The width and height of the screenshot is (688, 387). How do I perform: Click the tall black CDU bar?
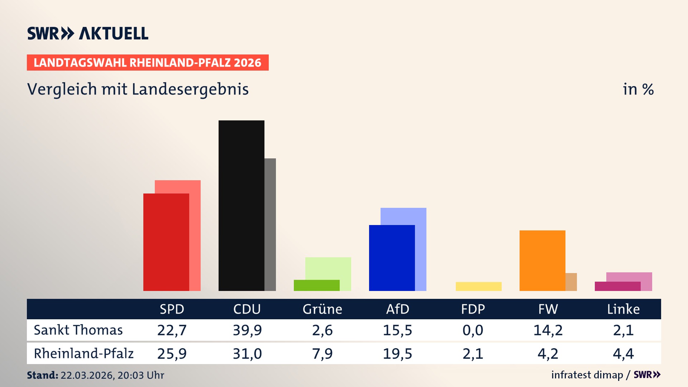[241, 205]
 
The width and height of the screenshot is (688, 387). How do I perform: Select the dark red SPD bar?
[166, 242]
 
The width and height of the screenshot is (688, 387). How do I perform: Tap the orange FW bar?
[542, 261]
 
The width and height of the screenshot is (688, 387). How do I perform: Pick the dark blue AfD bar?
[392, 258]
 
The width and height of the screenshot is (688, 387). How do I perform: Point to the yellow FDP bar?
[478, 286]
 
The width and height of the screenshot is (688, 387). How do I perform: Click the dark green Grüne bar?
[316, 285]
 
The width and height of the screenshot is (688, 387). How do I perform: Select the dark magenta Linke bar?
[617, 286]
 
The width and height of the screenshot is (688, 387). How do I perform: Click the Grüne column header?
[322, 309]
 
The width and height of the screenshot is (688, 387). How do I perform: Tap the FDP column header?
[473, 309]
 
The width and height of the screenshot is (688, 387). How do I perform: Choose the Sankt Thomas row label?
[78, 330]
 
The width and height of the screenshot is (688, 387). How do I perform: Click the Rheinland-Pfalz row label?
[83, 354]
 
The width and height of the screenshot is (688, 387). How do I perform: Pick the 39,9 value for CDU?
[247, 330]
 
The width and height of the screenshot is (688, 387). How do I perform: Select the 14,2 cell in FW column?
[548, 330]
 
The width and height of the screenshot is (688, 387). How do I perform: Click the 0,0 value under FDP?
[473, 330]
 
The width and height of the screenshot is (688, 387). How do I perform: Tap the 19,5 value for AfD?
[397, 354]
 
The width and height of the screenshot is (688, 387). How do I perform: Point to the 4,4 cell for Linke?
[623, 354]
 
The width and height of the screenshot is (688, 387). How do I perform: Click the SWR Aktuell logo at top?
[88, 33]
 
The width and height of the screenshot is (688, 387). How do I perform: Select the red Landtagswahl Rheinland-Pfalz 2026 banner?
[148, 63]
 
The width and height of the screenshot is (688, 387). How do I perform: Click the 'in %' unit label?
[638, 89]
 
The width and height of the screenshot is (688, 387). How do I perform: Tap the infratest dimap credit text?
[587, 375]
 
